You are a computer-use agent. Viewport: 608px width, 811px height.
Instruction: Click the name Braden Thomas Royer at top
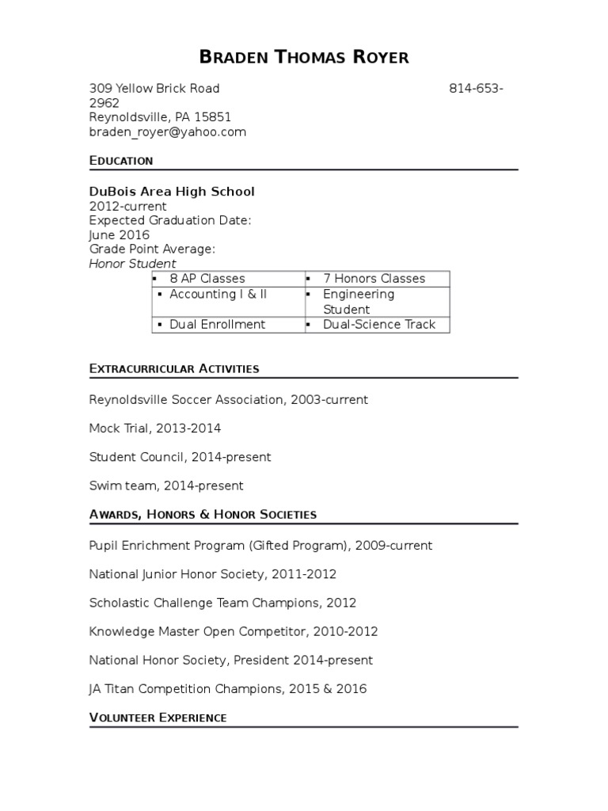click(304, 57)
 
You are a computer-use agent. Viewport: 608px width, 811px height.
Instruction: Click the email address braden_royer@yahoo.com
click(167, 132)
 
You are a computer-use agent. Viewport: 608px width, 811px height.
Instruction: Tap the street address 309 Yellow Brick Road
click(154, 88)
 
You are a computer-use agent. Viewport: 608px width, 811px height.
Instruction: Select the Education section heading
click(121, 161)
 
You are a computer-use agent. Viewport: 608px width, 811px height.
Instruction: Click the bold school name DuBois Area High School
click(172, 192)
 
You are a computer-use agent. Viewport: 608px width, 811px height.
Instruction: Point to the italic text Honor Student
click(132, 264)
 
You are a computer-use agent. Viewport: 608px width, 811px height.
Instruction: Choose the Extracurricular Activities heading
click(174, 369)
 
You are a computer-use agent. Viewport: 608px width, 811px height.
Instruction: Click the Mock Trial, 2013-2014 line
click(155, 428)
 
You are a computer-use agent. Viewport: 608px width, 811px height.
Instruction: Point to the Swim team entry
click(166, 485)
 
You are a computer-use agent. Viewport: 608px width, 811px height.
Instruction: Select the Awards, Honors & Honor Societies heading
click(203, 515)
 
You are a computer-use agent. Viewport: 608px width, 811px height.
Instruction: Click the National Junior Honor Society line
click(213, 574)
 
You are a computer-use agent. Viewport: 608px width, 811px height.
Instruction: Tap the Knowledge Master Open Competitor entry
click(234, 631)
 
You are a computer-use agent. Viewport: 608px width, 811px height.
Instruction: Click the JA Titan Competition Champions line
click(228, 688)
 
